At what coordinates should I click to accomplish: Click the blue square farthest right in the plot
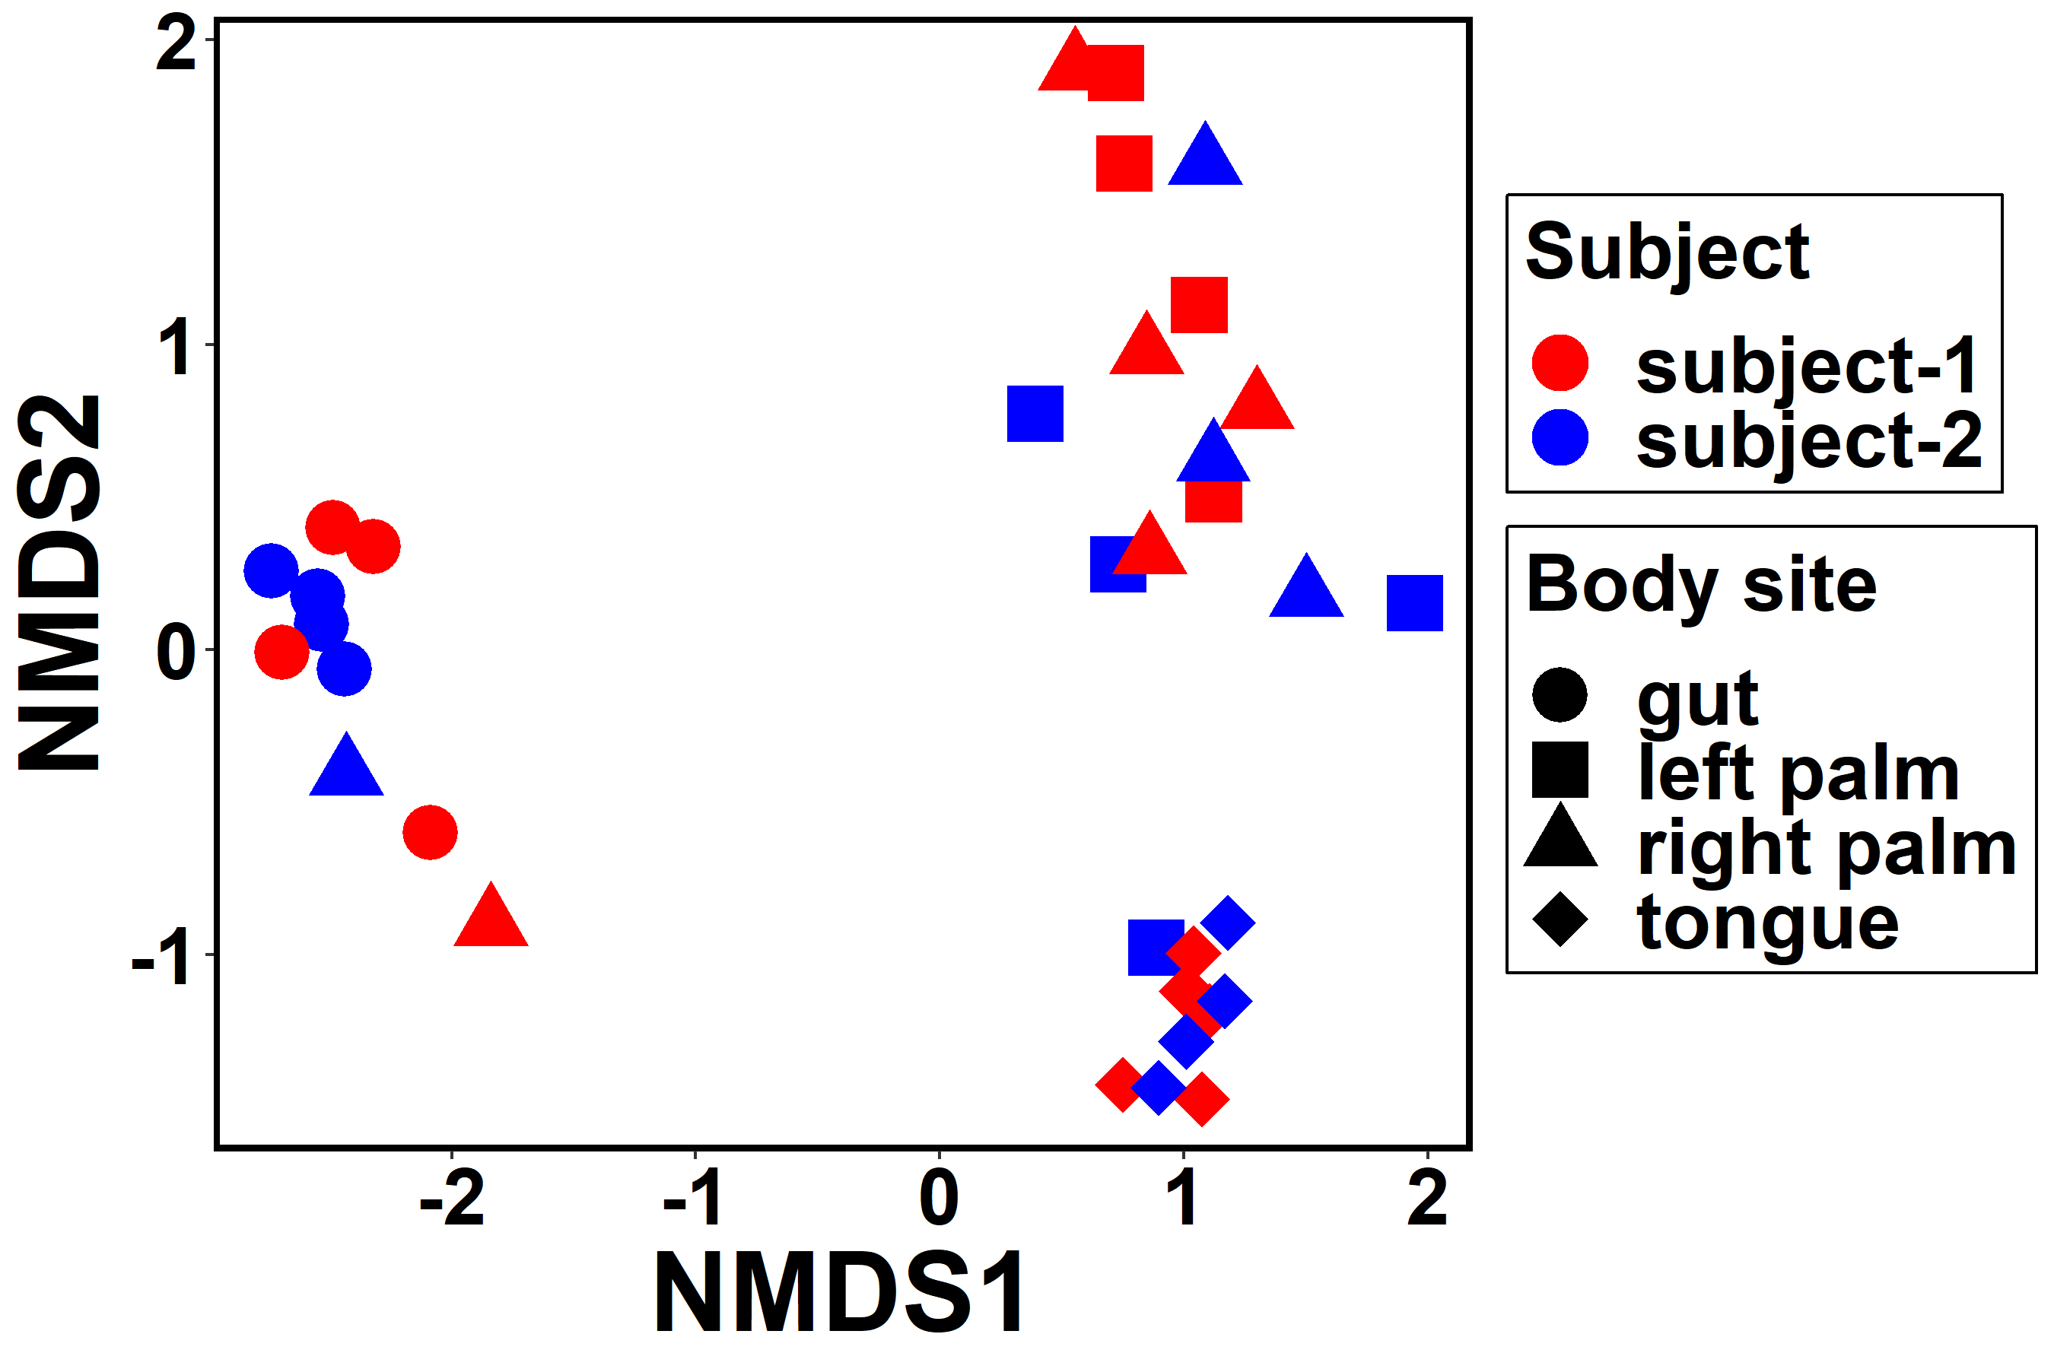[x=1414, y=602]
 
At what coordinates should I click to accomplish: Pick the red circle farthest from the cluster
[x=430, y=832]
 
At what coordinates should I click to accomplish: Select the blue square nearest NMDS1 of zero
[x=1035, y=414]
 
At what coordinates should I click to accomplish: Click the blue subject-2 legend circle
[x=1560, y=437]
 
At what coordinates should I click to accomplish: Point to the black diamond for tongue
[x=1560, y=920]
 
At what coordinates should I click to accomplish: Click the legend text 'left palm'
[x=1799, y=772]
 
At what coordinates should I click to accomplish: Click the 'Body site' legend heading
[x=1701, y=586]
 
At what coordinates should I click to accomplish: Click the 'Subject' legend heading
[x=1667, y=253]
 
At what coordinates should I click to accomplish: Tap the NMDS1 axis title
[x=840, y=1293]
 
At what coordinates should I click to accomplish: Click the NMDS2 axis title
[x=59, y=583]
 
